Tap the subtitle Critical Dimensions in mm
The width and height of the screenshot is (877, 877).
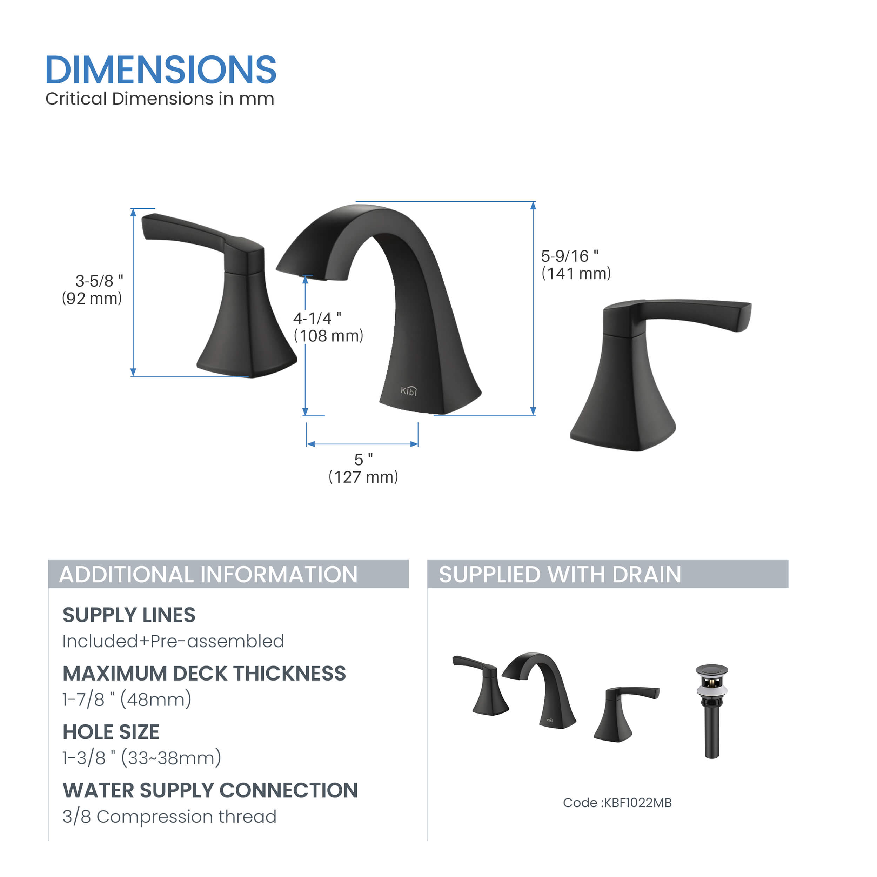[x=160, y=99]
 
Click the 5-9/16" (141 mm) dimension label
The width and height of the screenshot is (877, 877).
[x=576, y=265]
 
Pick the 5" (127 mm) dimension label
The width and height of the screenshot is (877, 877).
[x=363, y=468]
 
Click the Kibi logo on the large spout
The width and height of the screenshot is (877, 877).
[x=409, y=391]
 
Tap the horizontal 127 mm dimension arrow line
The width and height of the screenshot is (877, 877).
[x=362, y=444]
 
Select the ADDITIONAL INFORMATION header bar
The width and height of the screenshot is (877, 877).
[x=228, y=574]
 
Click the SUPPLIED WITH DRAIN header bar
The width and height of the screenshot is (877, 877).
[x=608, y=574]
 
